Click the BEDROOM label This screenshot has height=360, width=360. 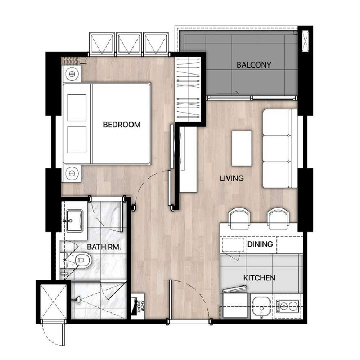click(122, 125)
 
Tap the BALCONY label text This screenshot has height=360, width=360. click(254, 65)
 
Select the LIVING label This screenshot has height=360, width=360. click(231, 179)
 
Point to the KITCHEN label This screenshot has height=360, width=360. click(259, 278)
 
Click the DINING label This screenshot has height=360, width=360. click(260, 244)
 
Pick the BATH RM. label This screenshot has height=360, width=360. click(104, 247)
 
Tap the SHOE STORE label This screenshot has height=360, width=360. click(140, 307)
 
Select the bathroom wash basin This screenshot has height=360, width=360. click(74, 221)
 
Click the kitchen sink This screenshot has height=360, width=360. click(261, 306)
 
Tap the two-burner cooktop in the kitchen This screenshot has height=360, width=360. click(287, 306)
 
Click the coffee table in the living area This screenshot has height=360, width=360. click(242, 148)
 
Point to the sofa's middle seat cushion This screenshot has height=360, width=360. click(276, 148)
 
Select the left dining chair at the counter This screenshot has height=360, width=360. click(239, 219)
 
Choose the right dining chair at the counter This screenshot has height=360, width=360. click(278, 219)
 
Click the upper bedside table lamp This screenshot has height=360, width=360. click(72, 74)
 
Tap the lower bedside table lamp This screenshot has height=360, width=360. click(72, 174)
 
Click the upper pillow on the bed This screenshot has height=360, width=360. click(77, 108)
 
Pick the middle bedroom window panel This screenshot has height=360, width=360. click(129, 43)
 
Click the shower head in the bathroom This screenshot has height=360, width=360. click(77, 300)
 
